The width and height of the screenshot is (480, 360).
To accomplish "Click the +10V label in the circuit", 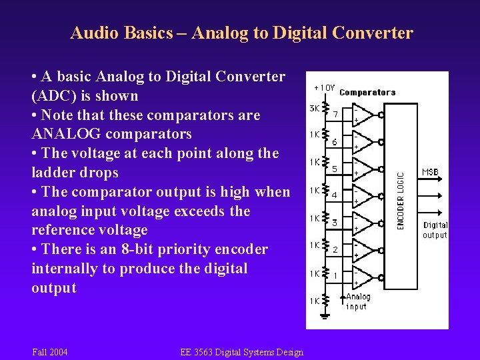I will click(324, 88).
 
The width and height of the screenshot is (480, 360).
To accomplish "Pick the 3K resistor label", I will click(313, 108).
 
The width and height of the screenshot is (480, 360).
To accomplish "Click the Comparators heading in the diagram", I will click(367, 93).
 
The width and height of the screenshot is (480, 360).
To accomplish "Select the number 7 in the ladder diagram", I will click(336, 115).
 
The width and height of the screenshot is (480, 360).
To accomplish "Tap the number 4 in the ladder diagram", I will click(335, 195).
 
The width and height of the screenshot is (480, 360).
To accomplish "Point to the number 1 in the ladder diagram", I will click(335, 275).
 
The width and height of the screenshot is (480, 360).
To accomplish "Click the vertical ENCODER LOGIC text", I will click(401, 201).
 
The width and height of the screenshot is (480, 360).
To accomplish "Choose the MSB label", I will click(431, 172).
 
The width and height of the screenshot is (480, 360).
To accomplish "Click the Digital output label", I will click(435, 230).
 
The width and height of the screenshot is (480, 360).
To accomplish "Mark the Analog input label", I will click(358, 301).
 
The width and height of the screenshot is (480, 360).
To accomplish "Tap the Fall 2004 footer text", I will click(49, 351).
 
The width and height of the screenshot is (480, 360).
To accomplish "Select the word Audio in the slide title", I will click(93, 33).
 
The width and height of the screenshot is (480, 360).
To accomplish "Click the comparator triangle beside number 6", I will click(361, 141).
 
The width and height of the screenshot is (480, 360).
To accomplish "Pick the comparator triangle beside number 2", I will click(361, 249).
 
